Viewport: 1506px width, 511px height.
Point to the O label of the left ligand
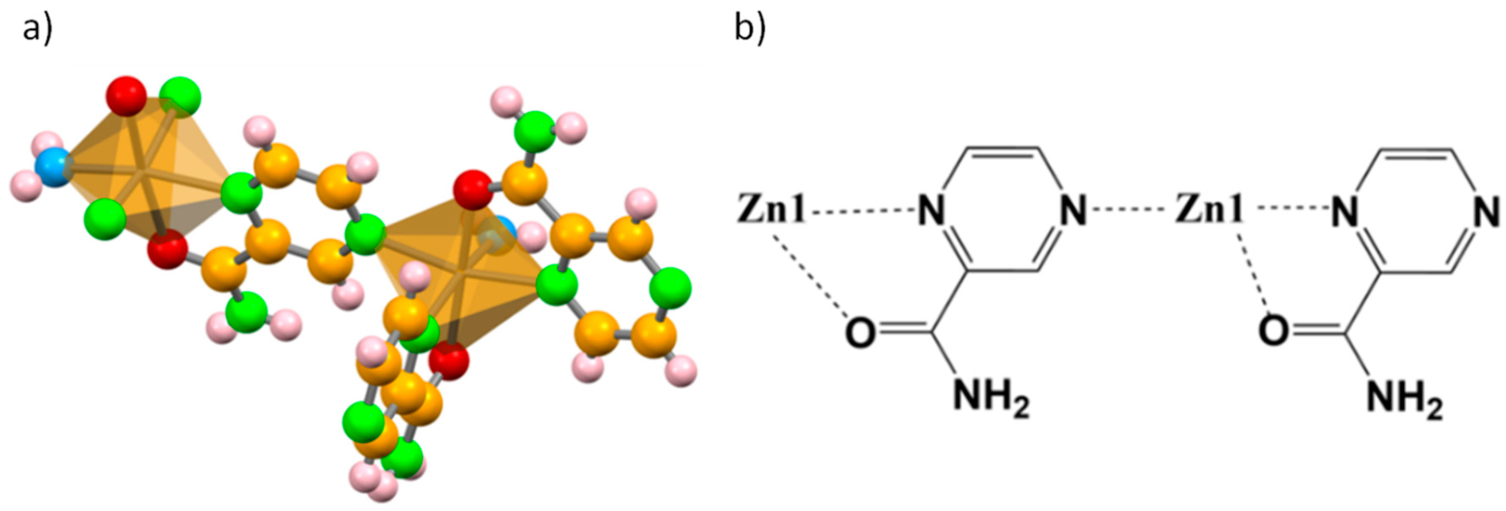tap(860, 333)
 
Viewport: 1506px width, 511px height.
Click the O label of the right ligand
tap(1274, 331)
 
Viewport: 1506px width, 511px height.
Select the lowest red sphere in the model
tap(449, 360)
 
